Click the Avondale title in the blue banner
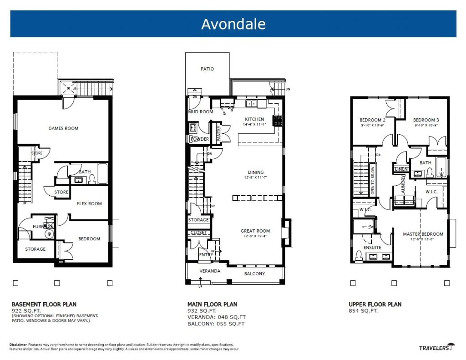point(233,24)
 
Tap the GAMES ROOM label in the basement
point(63,128)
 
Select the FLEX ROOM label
point(89,203)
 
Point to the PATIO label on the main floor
point(207,69)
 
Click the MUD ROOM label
point(201,112)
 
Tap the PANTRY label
point(219,133)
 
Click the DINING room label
point(256,172)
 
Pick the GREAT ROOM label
point(255,231)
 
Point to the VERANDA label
point(210,271)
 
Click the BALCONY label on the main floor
point(254,274)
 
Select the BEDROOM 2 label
point(372,120)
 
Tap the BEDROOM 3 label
point(425,120)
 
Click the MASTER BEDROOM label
point(423,234)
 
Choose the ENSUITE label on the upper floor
point(372,248)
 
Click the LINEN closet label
point(401,169)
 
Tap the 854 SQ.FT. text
point(363,311)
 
